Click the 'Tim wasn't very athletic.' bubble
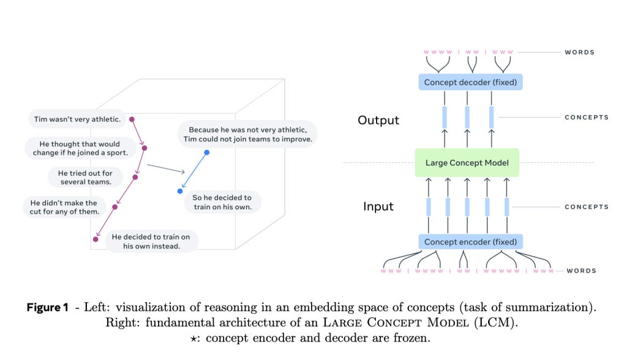tap(76, 119)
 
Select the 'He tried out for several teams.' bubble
tap(85, 178)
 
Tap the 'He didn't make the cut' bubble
tap(64, 207)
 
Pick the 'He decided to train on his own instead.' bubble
tap(151, 241)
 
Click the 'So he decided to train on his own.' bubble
tap(222, 202)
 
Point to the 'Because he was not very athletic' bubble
tap(247, 134)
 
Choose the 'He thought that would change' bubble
tap(80, 148)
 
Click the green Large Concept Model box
tap(467, 163)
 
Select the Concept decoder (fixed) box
tap(470, 82)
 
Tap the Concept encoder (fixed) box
tap(470, 242)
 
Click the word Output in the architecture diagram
tap(378, 120)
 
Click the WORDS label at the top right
tap(579, 53)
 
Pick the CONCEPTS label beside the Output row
tap(586, 117)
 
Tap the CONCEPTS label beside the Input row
tap(586, 207)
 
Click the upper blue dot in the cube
tap(206, 152)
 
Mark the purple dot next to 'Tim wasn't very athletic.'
tap(132, 119)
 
